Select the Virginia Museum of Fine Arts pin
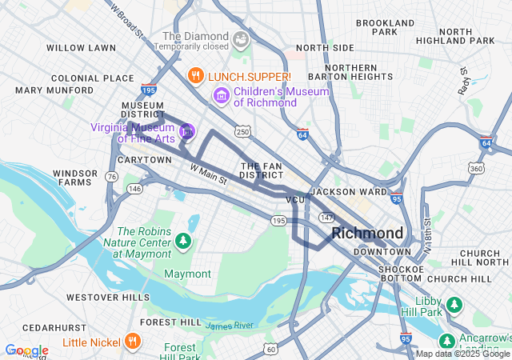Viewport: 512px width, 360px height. click(x=187, y=130)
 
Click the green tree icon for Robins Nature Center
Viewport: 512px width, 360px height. click(x=184, y=240)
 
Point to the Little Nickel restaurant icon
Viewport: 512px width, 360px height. click(x=133, y=341)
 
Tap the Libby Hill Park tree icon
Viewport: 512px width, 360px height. click(x=454, y=304)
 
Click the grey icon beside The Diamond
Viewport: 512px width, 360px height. click(x=240, y=38)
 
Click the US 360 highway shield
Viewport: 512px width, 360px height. click(x=477, y=169)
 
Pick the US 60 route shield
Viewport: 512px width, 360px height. click(x=271, y=349)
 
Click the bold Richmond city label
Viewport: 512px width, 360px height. click(x=367, y=233)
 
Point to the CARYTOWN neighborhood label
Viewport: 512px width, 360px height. click(x=144, y=160)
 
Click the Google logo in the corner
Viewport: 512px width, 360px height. click(x=26, y=350)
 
